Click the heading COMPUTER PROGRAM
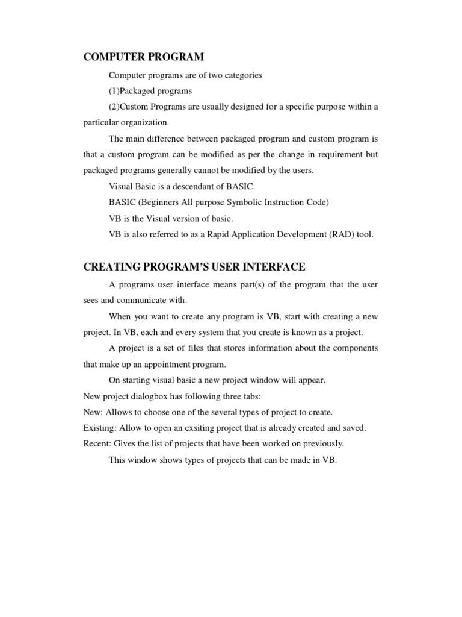tap(144, 57)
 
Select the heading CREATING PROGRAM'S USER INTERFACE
tap(194, 267)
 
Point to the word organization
tap(143, 122)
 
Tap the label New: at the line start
tap(93, 412)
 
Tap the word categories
tap(242, 75)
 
